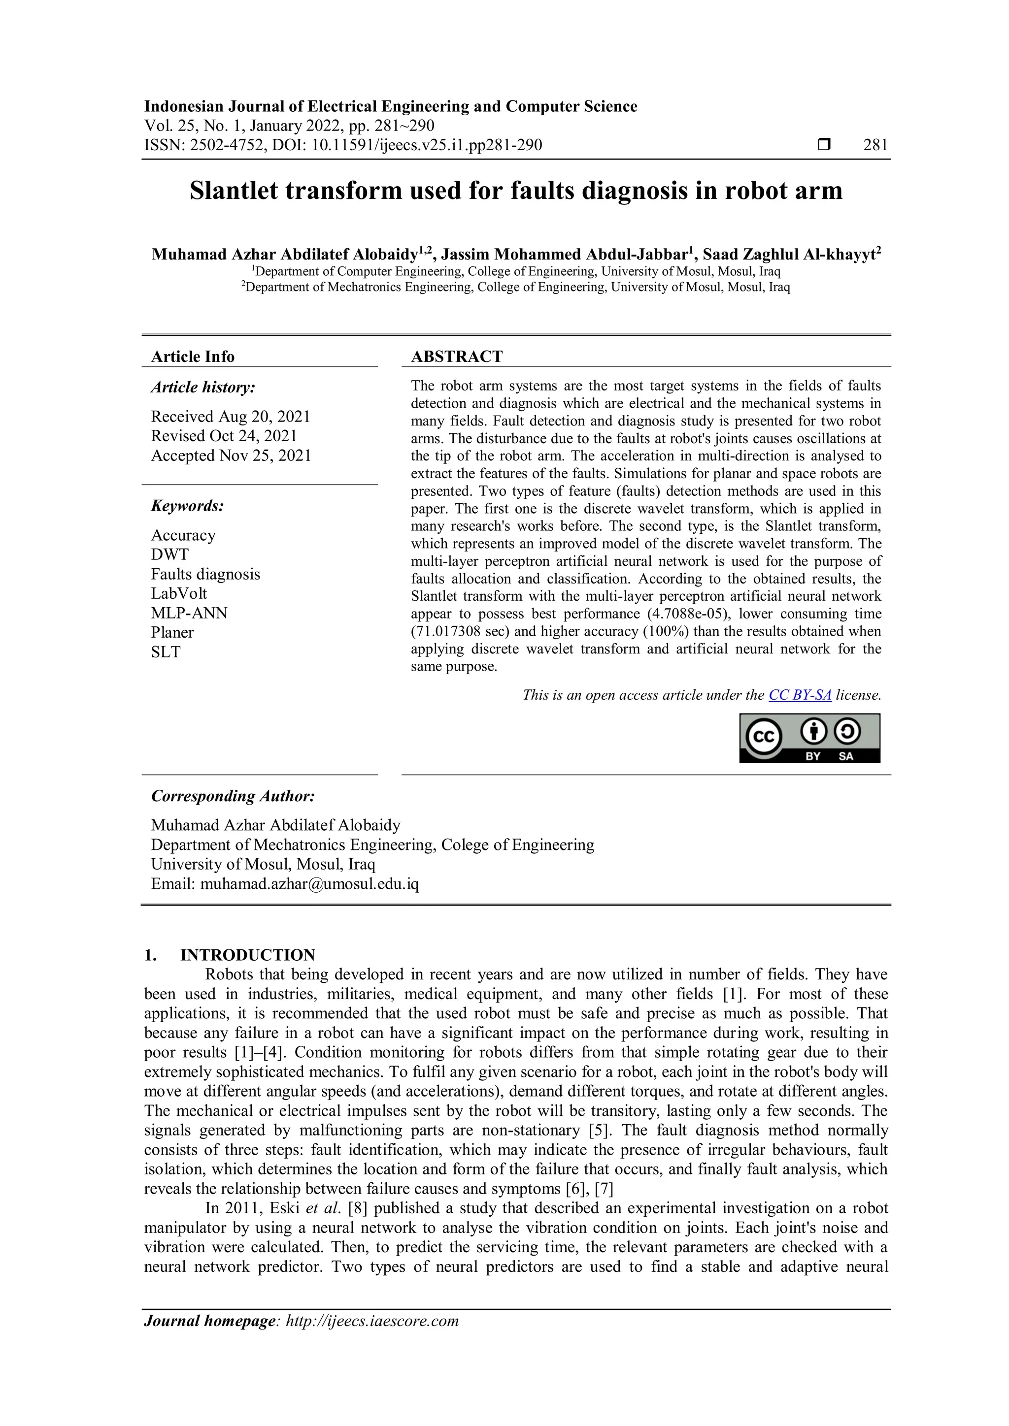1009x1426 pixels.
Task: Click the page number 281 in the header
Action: [875, 145]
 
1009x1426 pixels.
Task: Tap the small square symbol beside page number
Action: [824, 145]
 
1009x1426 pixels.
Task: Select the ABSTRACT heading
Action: [457, 356]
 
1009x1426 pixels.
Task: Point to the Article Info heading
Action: [193, 356]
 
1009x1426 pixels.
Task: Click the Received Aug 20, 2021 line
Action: [231, 416]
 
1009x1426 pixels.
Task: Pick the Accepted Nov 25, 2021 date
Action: [231, 455]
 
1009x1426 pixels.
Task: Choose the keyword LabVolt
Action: [179, 593]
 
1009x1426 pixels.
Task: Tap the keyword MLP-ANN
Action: [189, 613]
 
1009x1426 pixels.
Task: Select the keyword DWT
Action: [169, 554]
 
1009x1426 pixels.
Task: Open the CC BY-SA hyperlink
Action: [800, 695]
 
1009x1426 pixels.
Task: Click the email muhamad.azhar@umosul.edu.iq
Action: [309, 884]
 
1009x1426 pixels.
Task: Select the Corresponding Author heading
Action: [233, 796]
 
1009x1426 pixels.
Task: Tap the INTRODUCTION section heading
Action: [247, 955]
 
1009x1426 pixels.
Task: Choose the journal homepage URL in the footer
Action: [371, 1321]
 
